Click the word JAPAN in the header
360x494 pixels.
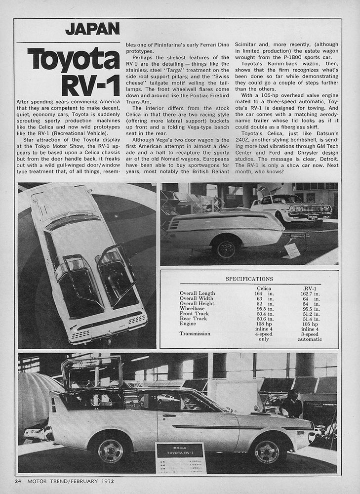[x=92, y=29]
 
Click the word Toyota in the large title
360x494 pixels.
[x=74, y=60]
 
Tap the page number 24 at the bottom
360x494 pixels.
[x=18, y=480]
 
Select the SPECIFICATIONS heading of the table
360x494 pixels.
[x=249, y=279]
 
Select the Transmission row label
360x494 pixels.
[x=195, y=334]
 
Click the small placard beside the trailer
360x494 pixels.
[x=291, y=251]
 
